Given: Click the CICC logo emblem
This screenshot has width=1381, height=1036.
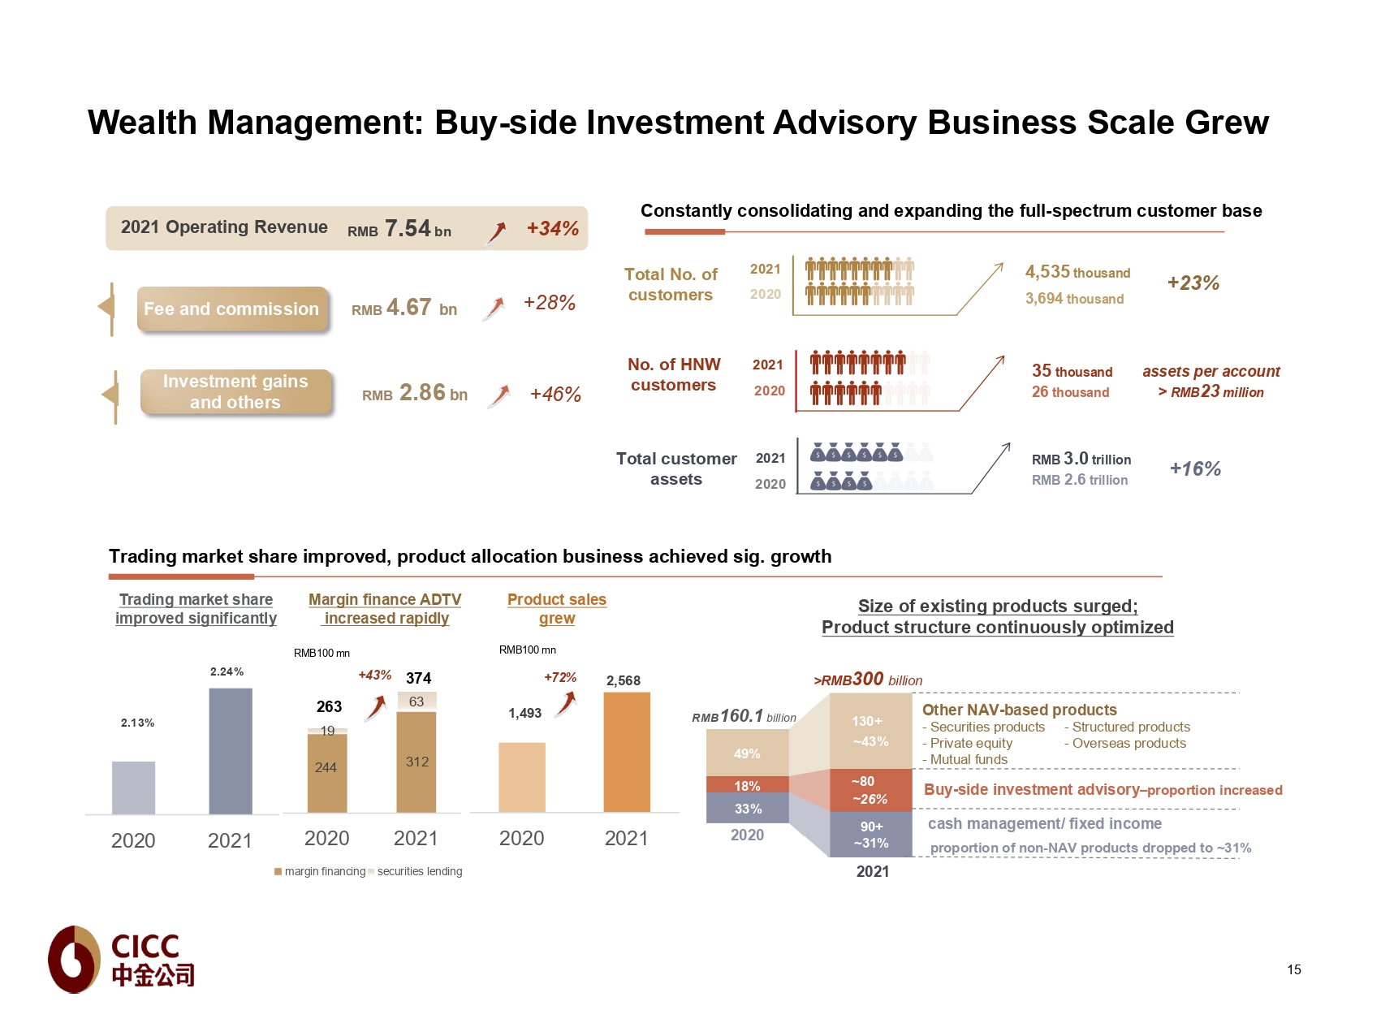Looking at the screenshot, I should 75,959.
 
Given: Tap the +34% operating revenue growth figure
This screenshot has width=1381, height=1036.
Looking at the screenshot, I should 552,229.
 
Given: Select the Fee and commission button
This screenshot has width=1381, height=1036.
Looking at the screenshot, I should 232,309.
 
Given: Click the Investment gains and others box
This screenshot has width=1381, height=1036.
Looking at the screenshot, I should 235,392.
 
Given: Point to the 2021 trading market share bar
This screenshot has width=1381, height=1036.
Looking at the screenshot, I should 231,751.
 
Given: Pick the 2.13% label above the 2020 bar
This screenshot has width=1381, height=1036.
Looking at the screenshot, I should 137,723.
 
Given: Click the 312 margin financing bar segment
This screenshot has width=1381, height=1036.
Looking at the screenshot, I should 416,762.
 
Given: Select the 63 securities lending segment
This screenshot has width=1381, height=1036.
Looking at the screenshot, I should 416,701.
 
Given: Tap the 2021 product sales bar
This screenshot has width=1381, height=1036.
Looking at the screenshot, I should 627,752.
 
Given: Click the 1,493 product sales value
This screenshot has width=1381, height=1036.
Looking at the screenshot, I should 524,714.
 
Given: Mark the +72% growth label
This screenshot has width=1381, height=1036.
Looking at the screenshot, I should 560,677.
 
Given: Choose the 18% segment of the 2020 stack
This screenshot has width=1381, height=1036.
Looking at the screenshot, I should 747,785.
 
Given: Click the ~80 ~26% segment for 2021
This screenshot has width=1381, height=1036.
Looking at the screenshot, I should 870,790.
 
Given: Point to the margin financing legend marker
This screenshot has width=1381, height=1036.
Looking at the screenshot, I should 278,872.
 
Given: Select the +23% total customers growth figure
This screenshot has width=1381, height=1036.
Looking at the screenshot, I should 1193,283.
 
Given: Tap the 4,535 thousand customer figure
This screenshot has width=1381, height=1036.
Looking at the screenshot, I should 1077,273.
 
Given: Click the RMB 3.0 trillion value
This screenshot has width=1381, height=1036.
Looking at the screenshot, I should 1081,460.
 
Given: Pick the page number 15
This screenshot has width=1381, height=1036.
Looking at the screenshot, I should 1293,969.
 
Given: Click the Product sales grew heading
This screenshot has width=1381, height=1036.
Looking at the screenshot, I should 557,609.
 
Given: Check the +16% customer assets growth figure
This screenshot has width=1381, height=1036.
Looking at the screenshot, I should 1195,469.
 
